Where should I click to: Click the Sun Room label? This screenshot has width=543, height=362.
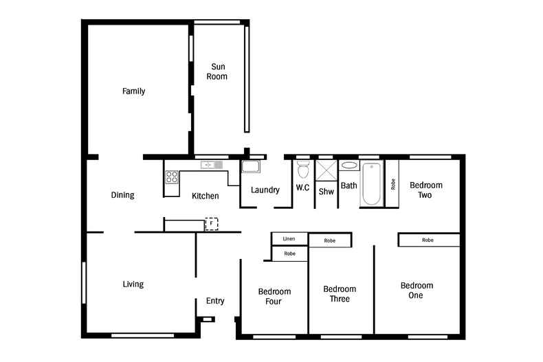click(217, 71)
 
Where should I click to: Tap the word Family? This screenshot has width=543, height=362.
click(133, 91)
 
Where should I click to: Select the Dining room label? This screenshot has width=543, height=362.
click(122, 195)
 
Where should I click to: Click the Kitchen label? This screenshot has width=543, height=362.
click(206, 196)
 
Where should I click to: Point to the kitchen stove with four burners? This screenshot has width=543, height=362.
click(172, 177)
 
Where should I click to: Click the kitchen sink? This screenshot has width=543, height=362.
click(211, 165)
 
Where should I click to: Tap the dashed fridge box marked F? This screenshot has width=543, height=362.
click(211, 223)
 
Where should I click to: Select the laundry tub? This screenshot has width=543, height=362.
click(251, 166)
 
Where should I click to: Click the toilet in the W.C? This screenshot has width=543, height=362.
click(303, 169)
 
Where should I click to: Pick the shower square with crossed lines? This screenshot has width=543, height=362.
click(326, 170)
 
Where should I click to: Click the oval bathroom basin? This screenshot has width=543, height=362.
click(349, 166)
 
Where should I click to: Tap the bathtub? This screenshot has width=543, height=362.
click(372, 184)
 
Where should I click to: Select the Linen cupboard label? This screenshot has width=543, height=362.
click(289, 239)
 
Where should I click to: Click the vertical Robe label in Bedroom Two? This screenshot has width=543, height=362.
click(393, 184)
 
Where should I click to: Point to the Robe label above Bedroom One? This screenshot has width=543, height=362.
click(428, 240)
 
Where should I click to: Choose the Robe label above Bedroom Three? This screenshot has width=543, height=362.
click(330, 240)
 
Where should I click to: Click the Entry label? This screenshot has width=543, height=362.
click(215, 301)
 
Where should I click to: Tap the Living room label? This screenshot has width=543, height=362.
click(133, 284)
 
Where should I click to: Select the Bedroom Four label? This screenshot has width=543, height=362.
click(274, 297)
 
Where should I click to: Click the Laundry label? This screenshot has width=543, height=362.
click(265, 190)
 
